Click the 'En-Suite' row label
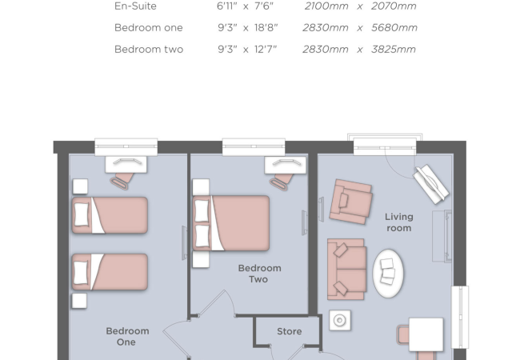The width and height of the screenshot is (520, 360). point(135,6)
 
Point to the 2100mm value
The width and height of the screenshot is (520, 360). point(326,6)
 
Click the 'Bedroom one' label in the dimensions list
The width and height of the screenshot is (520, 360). point(148,28)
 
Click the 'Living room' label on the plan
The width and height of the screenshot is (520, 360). point(398,222)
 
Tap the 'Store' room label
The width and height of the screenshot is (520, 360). point(289,331)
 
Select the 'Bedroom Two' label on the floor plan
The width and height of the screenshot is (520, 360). point(259,274)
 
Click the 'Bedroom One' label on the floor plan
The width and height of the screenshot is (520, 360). point(127,336)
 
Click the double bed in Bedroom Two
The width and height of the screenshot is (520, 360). point(231,223)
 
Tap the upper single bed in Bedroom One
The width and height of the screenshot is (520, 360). point(110,215)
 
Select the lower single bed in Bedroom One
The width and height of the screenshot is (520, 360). point(110,272)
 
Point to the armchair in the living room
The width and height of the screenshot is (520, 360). point(350,200)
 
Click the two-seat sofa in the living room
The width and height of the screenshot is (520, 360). point(346,268)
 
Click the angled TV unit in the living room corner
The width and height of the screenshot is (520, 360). point(431,184)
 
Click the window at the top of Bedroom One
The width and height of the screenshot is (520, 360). point(126,147)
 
